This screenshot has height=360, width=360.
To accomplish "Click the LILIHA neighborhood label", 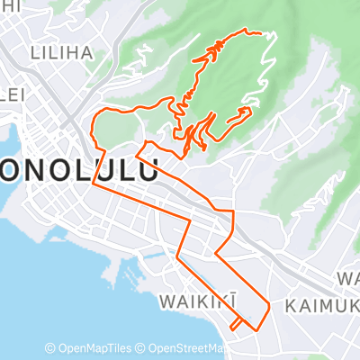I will tap(62, 52).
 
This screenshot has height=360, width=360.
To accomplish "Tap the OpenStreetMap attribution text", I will tap(192, 348).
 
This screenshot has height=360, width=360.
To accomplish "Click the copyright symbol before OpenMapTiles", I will tap(50, 348).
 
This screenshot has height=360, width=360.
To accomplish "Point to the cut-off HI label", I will tap(9, 5).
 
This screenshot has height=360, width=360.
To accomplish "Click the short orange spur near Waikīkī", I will tap(236, 322).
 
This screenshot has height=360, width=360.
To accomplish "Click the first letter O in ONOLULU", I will tap(13, 170).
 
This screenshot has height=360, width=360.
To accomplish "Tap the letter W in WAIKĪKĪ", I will tap(167, 299).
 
